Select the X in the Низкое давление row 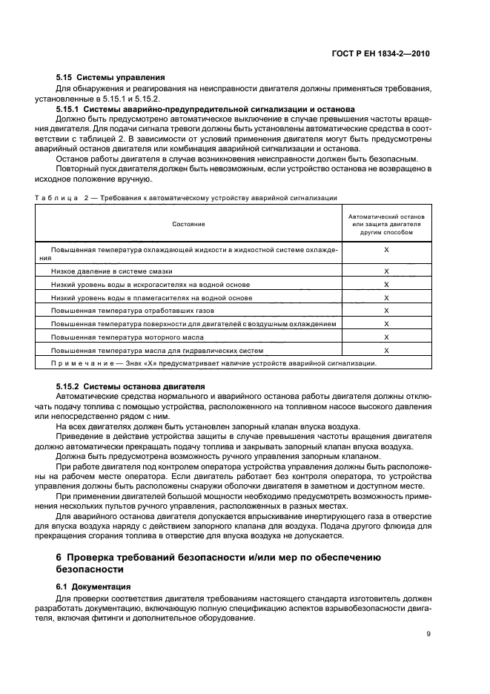(386, 271)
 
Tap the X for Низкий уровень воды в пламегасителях (386, 297)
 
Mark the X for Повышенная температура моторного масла (386, 337)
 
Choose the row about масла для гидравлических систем (157, 350)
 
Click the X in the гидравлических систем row (386, 350)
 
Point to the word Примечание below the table (80, 363)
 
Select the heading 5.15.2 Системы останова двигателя (131, 386)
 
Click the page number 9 (428, 634)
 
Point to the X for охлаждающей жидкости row (386, 251)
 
